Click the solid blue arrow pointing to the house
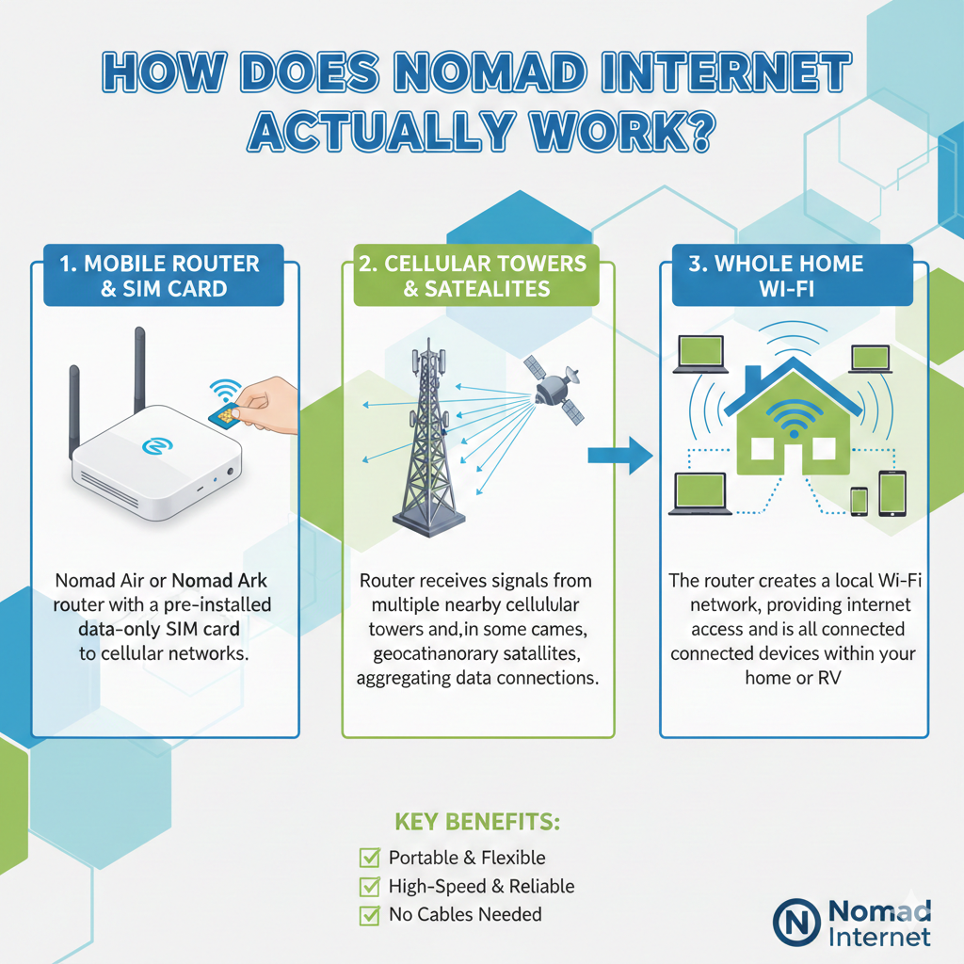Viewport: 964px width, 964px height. point(620,456)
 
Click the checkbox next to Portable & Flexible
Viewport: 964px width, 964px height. point(369,857)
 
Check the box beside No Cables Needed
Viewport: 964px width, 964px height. point(369,915)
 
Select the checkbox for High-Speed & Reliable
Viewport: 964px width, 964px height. point(369,886)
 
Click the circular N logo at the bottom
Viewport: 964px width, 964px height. point(796,923)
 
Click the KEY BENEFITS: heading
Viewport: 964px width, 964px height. point(477,822)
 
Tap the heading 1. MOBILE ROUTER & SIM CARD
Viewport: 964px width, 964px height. point(164,276)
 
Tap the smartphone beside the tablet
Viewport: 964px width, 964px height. point(859,501)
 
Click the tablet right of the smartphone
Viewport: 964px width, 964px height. point(892,493)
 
